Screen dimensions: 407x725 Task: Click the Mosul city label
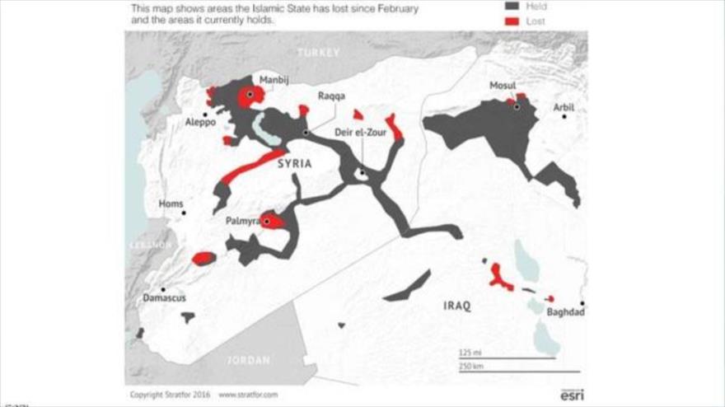(502, 87)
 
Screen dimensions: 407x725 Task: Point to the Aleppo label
(200, 122)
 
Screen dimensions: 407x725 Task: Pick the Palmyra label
(242, 221)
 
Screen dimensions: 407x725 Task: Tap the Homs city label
(171, 203)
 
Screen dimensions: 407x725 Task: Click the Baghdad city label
(564, 312)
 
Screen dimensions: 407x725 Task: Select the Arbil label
(564, 107)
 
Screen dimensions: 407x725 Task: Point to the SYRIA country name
(294, 164)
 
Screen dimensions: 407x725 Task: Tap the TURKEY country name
(318, 52)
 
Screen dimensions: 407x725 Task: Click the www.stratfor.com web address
(248, 395)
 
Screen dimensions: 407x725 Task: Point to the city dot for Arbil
(564, 117)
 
